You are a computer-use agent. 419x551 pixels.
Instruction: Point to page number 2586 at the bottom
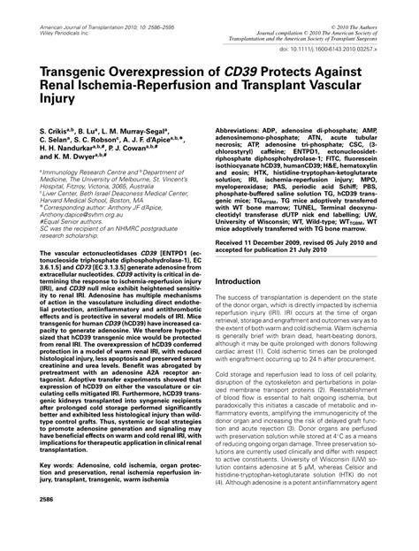(x=51, y=523)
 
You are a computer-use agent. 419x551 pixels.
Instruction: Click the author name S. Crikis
(x=59, y=129)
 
